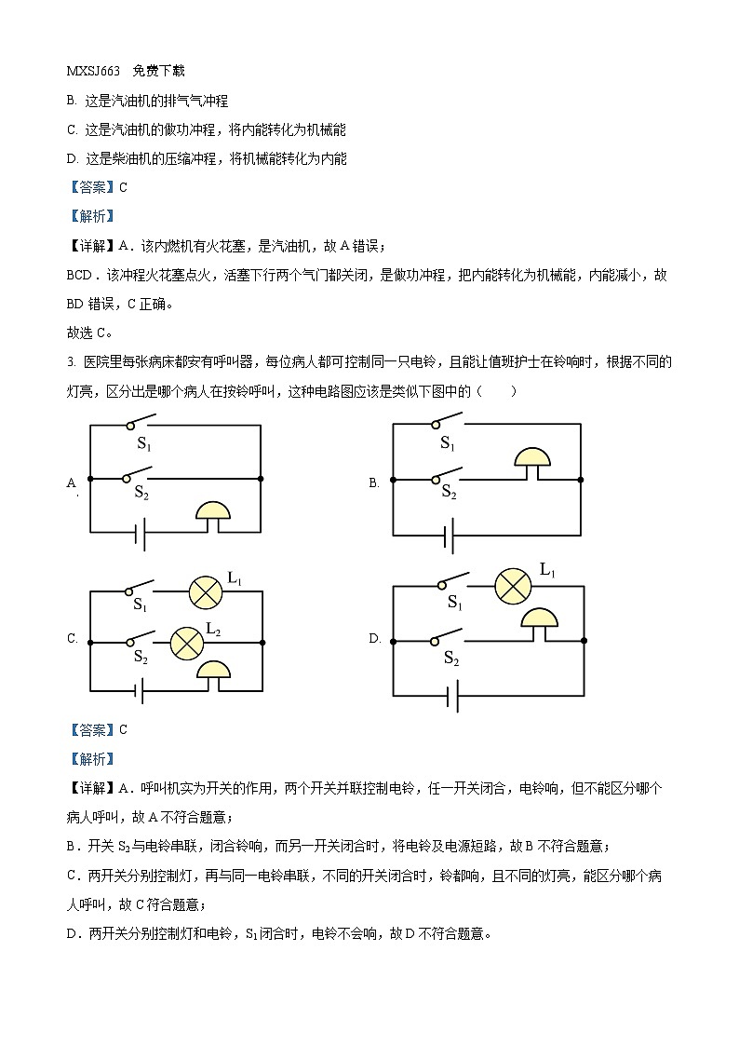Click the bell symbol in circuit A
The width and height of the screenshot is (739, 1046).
coord(213,513)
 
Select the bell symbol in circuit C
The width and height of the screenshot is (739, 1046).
coord(216,672)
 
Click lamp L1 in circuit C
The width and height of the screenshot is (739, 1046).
coord(204,591)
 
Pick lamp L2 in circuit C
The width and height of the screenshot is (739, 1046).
coord(184,642)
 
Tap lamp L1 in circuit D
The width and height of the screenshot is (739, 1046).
coord(512,585)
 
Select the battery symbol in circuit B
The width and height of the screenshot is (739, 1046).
coord(450,537)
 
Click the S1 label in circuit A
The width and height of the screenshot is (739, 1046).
coord(143,446)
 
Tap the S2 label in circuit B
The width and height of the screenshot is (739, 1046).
coord(449,492)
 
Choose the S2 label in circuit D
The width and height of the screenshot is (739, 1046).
coord(451,659)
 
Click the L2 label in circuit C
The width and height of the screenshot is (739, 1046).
coord(213,629)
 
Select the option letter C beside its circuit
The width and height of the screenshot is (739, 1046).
coord(72,639)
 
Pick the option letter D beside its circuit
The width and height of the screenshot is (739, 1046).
coord(375,639)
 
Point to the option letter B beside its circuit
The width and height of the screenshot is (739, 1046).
coord(374,483)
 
